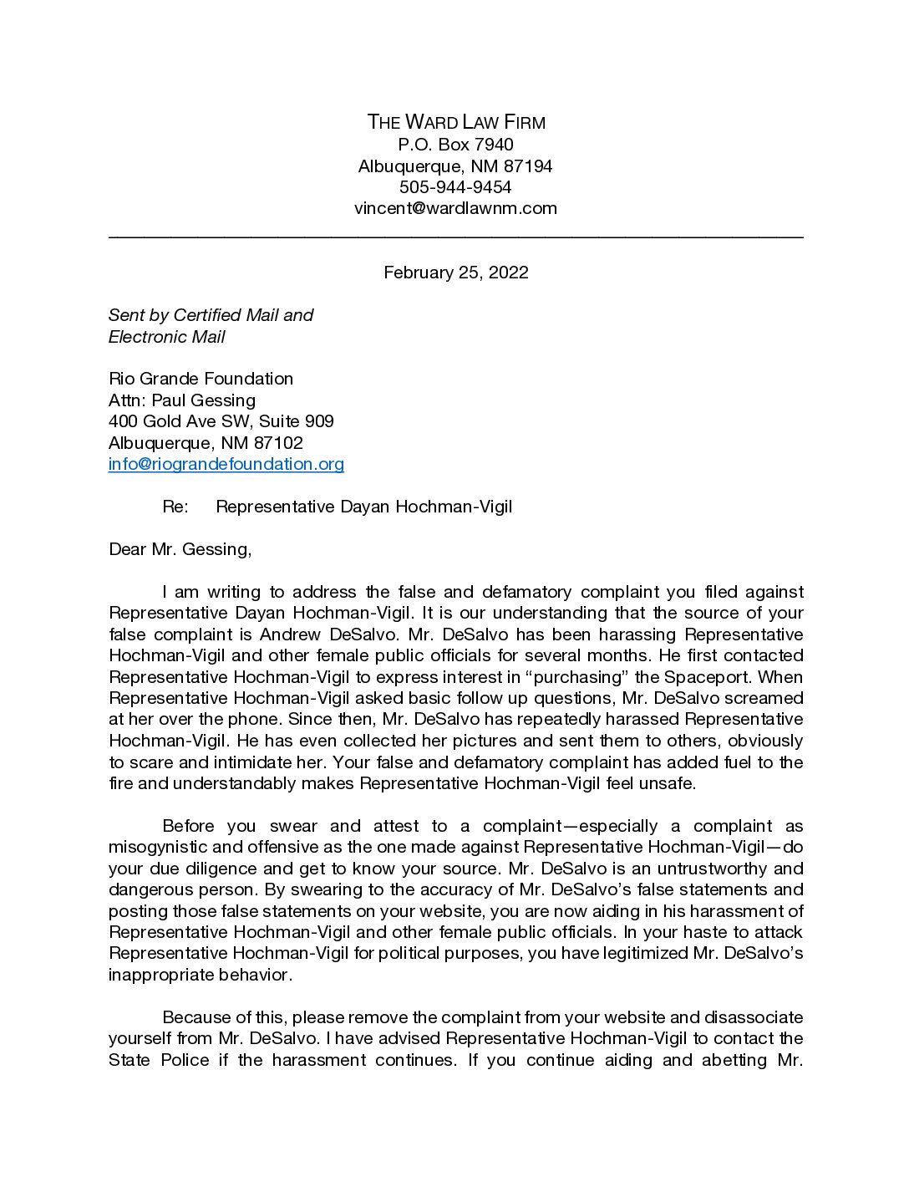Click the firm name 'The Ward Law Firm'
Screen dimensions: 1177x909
tap(455, 122)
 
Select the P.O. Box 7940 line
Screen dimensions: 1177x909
tap(455, 145)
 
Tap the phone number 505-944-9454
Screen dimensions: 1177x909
tap(455, 187)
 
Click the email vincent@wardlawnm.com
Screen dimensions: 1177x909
tap(455, 208)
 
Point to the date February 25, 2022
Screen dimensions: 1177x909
tap(455, 273)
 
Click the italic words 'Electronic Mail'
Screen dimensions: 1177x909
tap(167, 337)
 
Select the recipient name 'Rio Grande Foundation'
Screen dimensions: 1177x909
tap(201, 379)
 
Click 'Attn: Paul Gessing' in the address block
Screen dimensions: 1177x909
tap(182, 400)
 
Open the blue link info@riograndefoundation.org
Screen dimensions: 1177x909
tap(226, 464)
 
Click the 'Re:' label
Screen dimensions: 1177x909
tap(175, 507)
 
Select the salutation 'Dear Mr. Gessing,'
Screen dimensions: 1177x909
tap(180, 549)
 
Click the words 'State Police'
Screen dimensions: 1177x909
tap(159, 1060)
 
